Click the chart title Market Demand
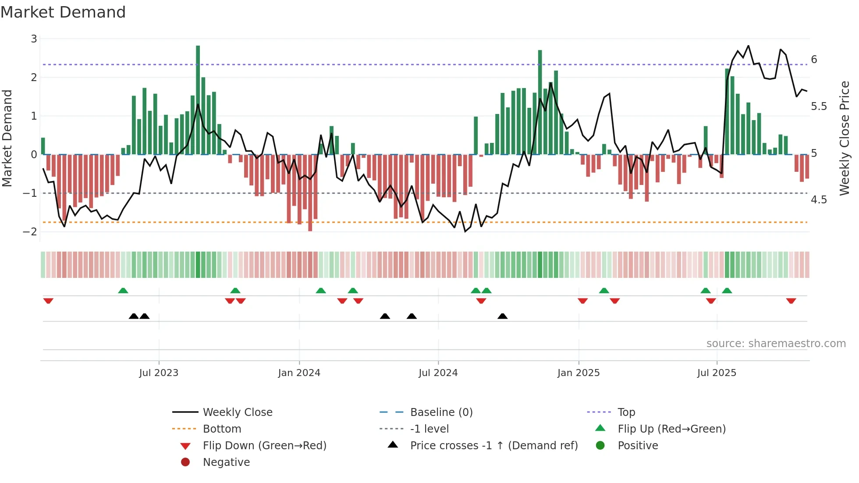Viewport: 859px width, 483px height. pyautogui.click(x=63, y=12)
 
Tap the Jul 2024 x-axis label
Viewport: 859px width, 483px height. pyautogui.click(x=438, y=373)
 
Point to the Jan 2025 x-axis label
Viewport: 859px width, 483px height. pyautogui.click(x=579, y=373)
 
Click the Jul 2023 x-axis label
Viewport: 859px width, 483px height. pyautogui.click(x=159, y=373)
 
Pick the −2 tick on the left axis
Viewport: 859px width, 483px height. pyautogui.click(x=30, y=232)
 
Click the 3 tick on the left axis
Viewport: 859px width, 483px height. pyautogui.click(x=34, y=39)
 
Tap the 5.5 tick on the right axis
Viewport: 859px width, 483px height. pyautogui.click(x=819, y=107)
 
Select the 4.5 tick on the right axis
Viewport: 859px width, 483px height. pyautogui.click(x=819, y=200)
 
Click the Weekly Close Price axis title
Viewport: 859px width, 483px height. pyautogui.click(x=845, y=138)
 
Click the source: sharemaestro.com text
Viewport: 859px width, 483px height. pyautogui.click(x=776, y=344)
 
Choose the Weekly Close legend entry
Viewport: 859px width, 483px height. pyautogui.click(x=238, y=412)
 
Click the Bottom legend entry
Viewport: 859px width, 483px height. pyautogui.click(x=222, y=429)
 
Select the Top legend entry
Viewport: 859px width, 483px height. pyautogui.click(x=626, y=412)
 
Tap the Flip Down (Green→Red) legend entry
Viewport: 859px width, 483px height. pyautogui.click(x=264, y=446)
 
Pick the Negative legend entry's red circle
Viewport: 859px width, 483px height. pyautogui.click(x=185, y=462)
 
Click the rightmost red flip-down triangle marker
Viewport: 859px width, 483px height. pyautogui.click(x=791, y=301)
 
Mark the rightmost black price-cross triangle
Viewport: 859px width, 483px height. pyautogui.click(x=503, y=316)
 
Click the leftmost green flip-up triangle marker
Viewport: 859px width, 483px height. pyautogui.click(x=123, y=291)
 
